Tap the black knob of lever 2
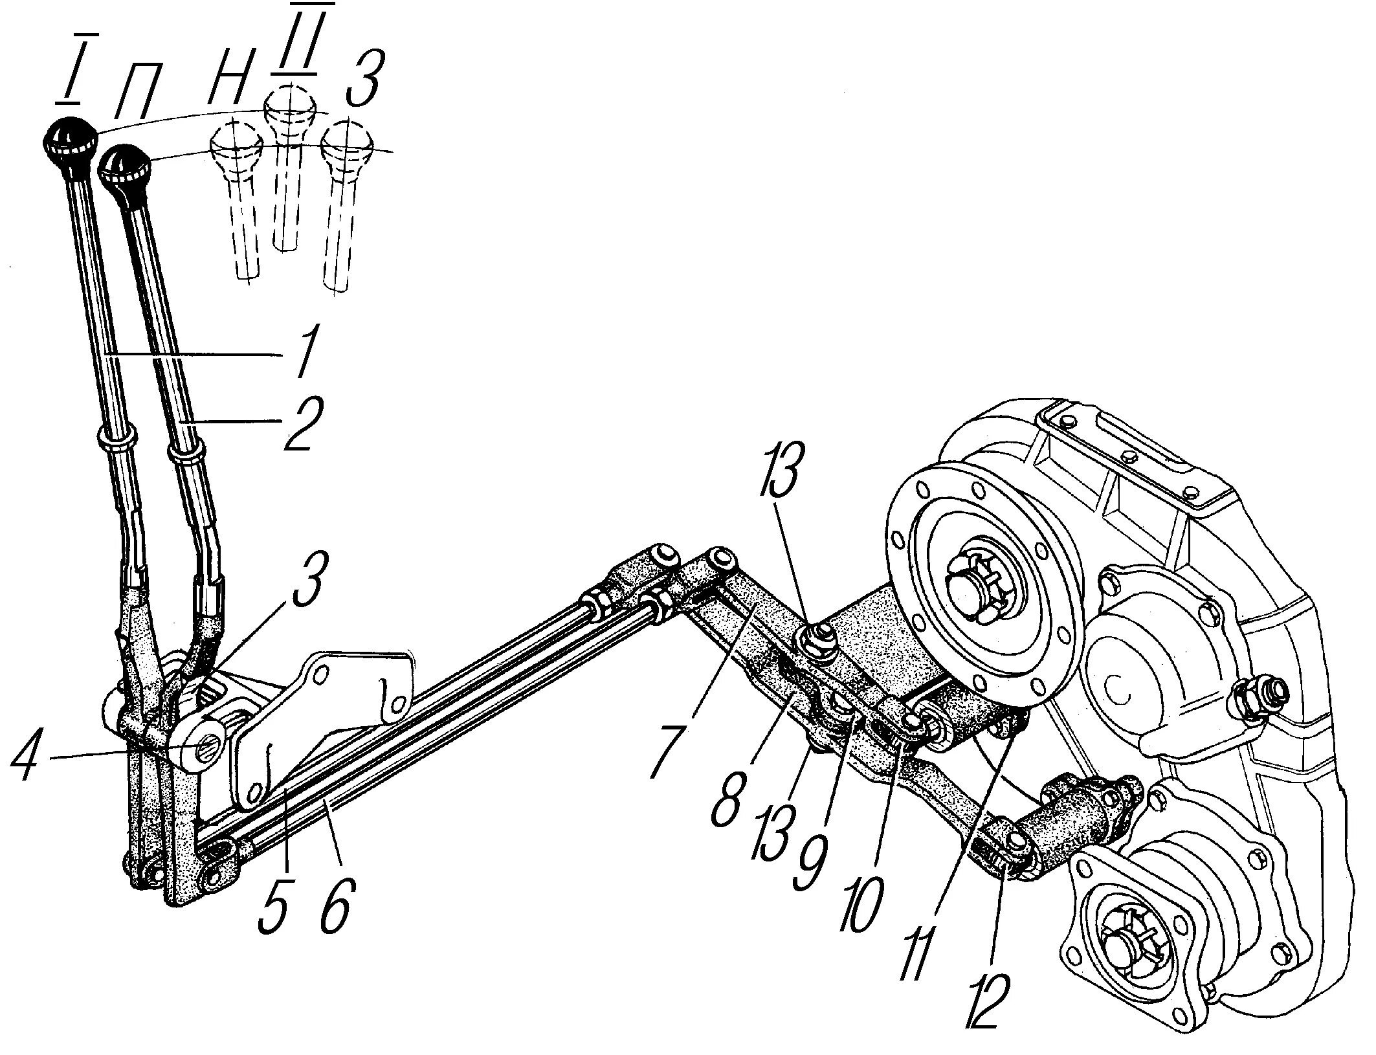[x=125, y=175]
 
